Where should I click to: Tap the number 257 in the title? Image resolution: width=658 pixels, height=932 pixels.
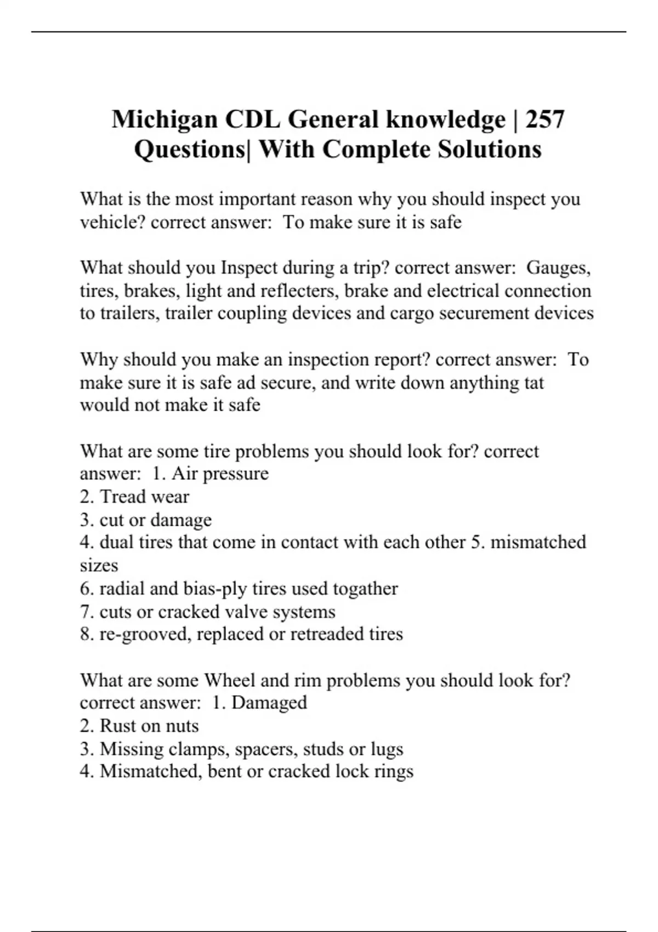pyautogui.click(x=544, y=120)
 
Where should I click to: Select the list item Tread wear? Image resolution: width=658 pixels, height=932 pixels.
pyautogui.click(x=144, y=497)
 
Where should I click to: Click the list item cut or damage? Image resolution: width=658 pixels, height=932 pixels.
pyautogui.click(x=155, y=520)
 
